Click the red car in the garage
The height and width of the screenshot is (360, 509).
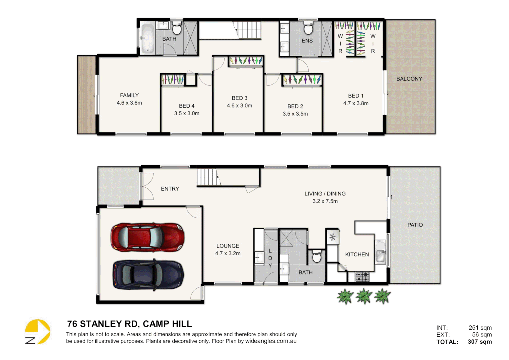147,237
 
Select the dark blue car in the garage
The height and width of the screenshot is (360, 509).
148,275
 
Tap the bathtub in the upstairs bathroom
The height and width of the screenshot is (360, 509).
147,38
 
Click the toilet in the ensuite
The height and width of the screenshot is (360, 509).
308,29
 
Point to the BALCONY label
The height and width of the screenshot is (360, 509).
409,79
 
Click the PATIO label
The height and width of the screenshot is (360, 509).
415,225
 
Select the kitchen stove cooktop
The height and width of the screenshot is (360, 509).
362,277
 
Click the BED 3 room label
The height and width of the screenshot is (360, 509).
239,98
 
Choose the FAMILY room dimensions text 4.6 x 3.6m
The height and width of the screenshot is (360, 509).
129,103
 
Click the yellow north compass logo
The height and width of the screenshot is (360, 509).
38,332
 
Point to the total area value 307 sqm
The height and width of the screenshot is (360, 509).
480,342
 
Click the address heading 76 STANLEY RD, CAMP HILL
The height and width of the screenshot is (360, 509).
129,324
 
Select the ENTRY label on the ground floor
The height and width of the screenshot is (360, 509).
170,189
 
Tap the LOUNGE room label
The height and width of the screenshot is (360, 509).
228,246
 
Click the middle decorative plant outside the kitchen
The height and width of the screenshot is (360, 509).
364,296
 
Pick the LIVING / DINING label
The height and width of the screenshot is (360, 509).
325,194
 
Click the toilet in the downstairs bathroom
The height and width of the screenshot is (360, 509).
317,257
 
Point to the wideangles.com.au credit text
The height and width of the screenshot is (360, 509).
271,341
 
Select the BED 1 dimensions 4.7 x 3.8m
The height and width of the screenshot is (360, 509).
356,103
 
